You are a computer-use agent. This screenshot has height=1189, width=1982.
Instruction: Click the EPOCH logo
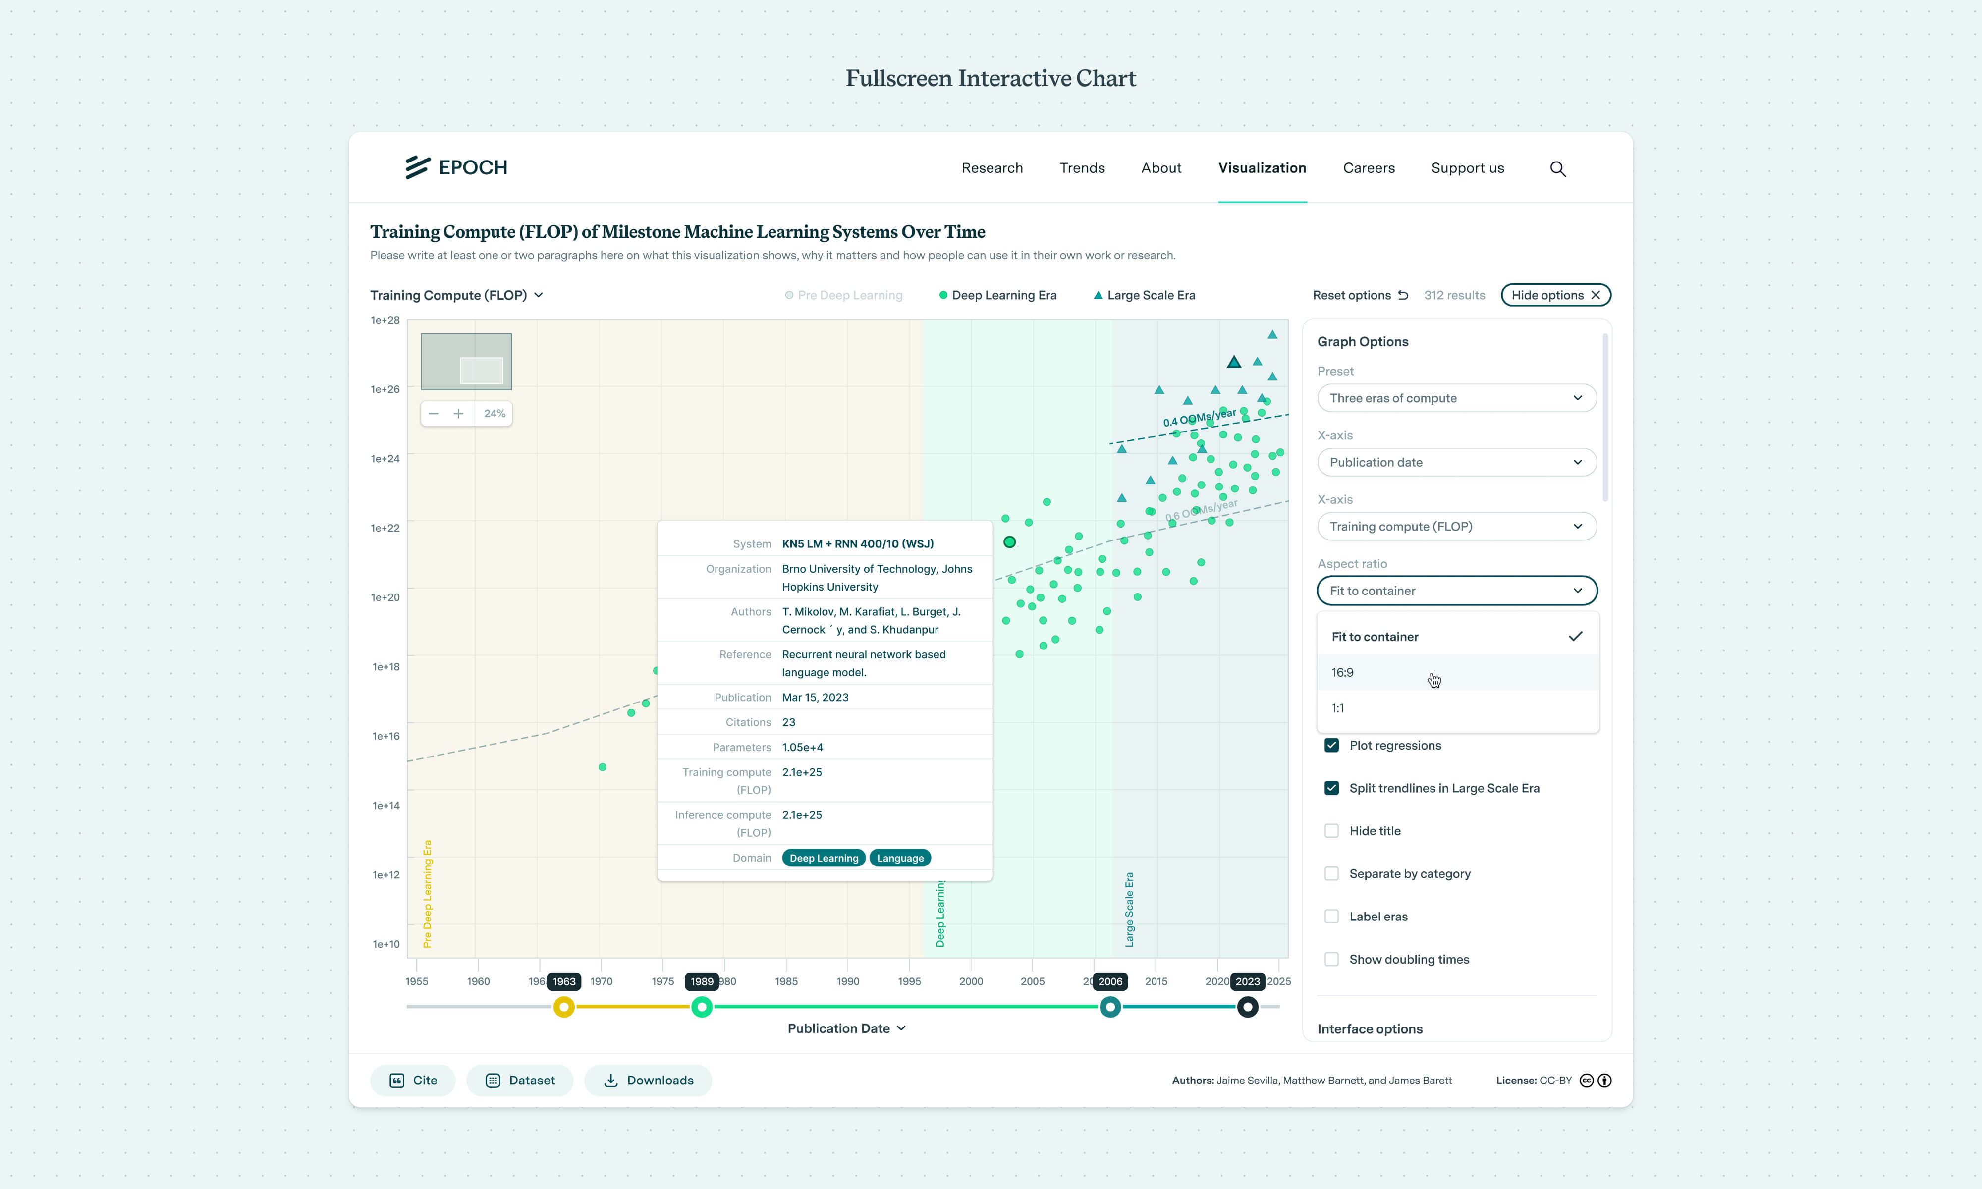pyautogui.click(x=456, y=167)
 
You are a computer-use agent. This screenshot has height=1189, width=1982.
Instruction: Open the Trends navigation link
pyautogui.click(x=1082, y=167)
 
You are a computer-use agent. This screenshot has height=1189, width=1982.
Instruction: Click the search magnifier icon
pyautogui.click(x=1557, y=168)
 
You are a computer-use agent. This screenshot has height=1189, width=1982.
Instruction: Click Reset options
pyautogui.click(x=1360, y=295)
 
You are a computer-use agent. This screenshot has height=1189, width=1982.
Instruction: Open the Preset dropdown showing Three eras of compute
pyautogui.click(x=1456, y=398)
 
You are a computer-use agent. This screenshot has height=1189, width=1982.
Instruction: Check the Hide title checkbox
pyautogui.click(x=1331, y=831)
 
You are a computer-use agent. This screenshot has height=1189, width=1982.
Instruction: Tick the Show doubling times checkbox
pyautogui.click(x=1331, y=959)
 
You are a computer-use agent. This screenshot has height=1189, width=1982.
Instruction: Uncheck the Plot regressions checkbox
pyautogui.click(x=1331, y=745)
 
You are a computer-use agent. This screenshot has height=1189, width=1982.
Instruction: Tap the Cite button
pyautogui.click(x=413, y=1080)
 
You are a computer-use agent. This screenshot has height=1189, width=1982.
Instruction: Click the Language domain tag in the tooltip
pyautogui.click(x=900, y=858)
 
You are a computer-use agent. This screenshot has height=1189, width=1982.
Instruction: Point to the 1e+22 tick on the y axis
pyautogui.click(x=385, y=528)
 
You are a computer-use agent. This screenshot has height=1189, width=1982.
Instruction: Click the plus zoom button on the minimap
pyautogui.click(x=458, y=414)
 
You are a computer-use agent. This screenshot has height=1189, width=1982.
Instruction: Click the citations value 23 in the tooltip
pyautogui.click(x=788, y=722)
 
